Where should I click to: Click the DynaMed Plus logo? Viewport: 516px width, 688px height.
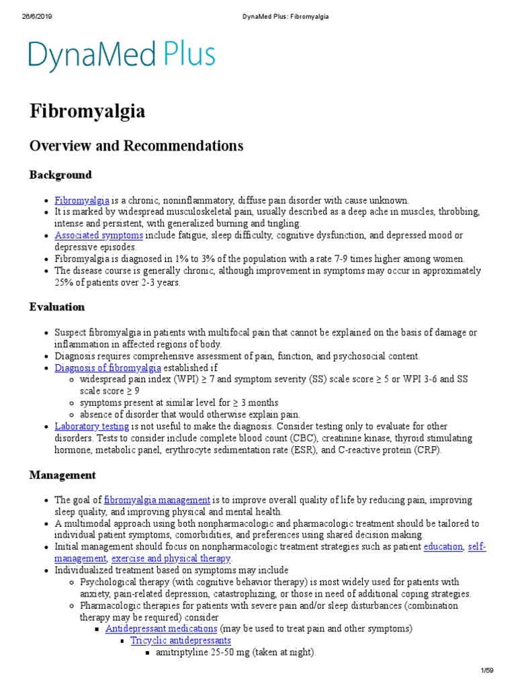coord(122,56)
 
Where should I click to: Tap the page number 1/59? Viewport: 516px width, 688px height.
coord(488,670)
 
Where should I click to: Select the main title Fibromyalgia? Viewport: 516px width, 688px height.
coord(87,112)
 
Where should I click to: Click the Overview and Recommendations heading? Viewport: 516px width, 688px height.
coord(136,146)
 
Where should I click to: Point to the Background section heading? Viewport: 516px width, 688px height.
coord(60,175)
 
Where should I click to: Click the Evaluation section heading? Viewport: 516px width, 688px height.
coord(57,307)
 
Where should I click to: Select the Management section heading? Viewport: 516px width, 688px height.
coord(62,475)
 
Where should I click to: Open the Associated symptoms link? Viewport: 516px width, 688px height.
coord(99,236)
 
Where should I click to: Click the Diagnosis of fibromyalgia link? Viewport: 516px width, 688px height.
coord(107,368)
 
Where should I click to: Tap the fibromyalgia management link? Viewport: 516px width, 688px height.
coord(157,501)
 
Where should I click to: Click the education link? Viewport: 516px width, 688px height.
coord(443,547)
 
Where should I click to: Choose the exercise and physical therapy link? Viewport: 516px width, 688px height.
coord(171,559)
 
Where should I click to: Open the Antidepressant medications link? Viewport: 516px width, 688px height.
coord(161,629)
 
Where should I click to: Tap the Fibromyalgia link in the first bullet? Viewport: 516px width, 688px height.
coord(82,200)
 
